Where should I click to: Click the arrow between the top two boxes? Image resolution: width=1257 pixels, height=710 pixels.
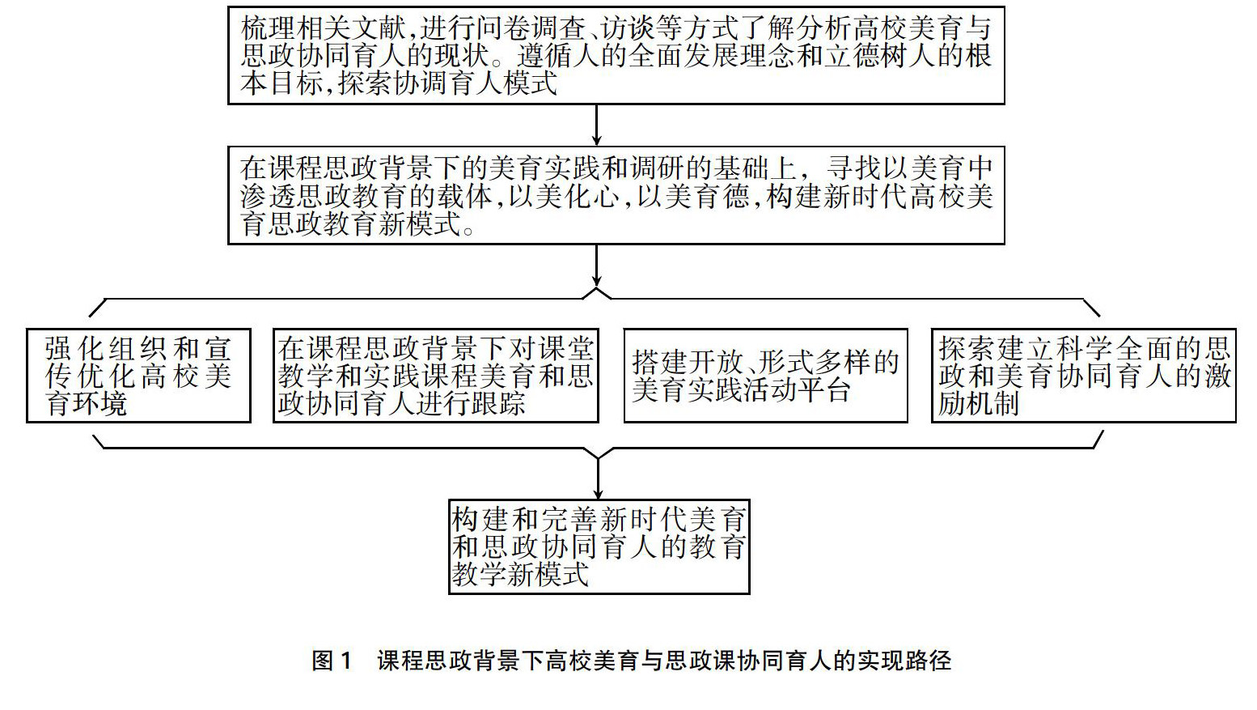597,125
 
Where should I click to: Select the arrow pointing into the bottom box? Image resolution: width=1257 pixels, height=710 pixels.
598,478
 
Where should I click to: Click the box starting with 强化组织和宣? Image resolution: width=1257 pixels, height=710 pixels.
138,376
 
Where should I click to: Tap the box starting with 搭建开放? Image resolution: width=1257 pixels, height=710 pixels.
765,376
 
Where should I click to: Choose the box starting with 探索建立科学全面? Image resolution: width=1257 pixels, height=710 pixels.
1083,376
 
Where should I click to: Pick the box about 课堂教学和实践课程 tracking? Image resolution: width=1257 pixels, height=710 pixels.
435,376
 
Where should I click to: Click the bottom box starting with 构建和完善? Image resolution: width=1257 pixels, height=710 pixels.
599,546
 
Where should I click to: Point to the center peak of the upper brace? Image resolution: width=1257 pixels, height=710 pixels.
597,290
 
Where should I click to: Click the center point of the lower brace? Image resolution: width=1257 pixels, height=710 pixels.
598,457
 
